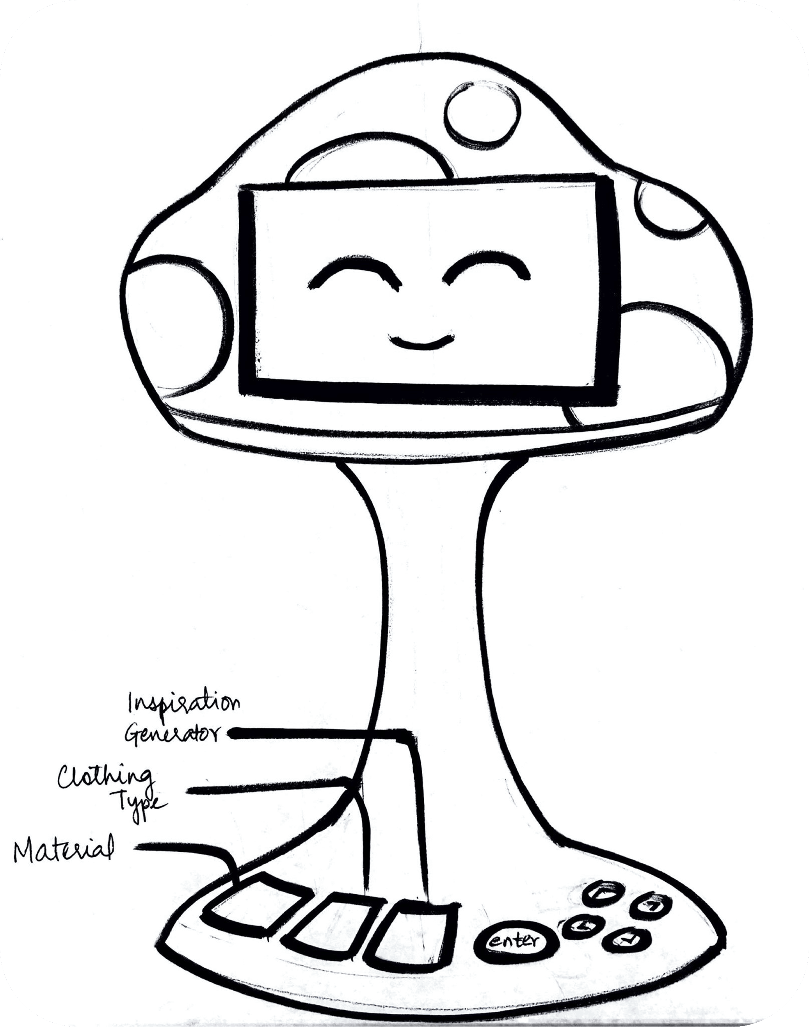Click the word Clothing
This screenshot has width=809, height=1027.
[x=105, y=777]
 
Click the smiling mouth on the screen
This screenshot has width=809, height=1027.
[x=421, y=342]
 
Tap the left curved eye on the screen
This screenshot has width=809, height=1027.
[x=355, y=273]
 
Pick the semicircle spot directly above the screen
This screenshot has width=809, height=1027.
[x=367, y=164]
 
